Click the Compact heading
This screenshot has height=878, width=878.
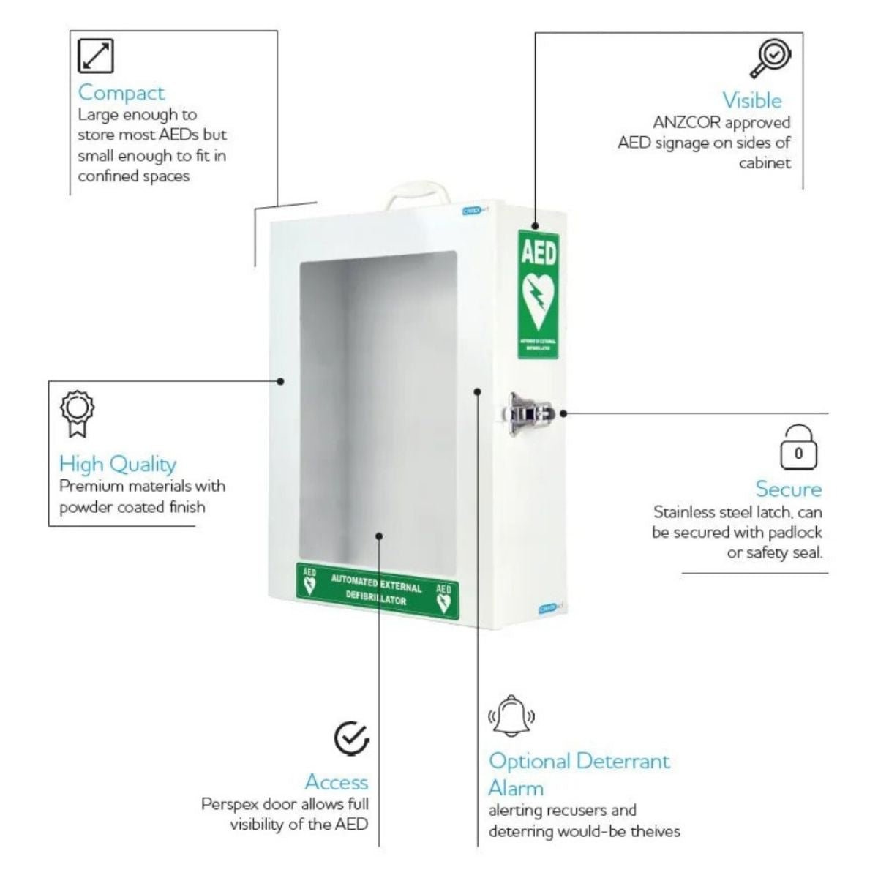(121, 93)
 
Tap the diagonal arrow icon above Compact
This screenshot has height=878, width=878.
(96, 56)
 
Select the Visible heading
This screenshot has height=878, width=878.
(752, 100)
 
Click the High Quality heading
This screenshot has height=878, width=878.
(118, 464)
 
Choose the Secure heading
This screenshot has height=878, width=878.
(789, 489)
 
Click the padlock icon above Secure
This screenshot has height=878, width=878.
(798, 447)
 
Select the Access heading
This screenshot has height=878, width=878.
(337, 782)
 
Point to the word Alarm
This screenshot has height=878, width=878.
(516, 789)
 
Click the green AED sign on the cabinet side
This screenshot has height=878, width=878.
(538, 294)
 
